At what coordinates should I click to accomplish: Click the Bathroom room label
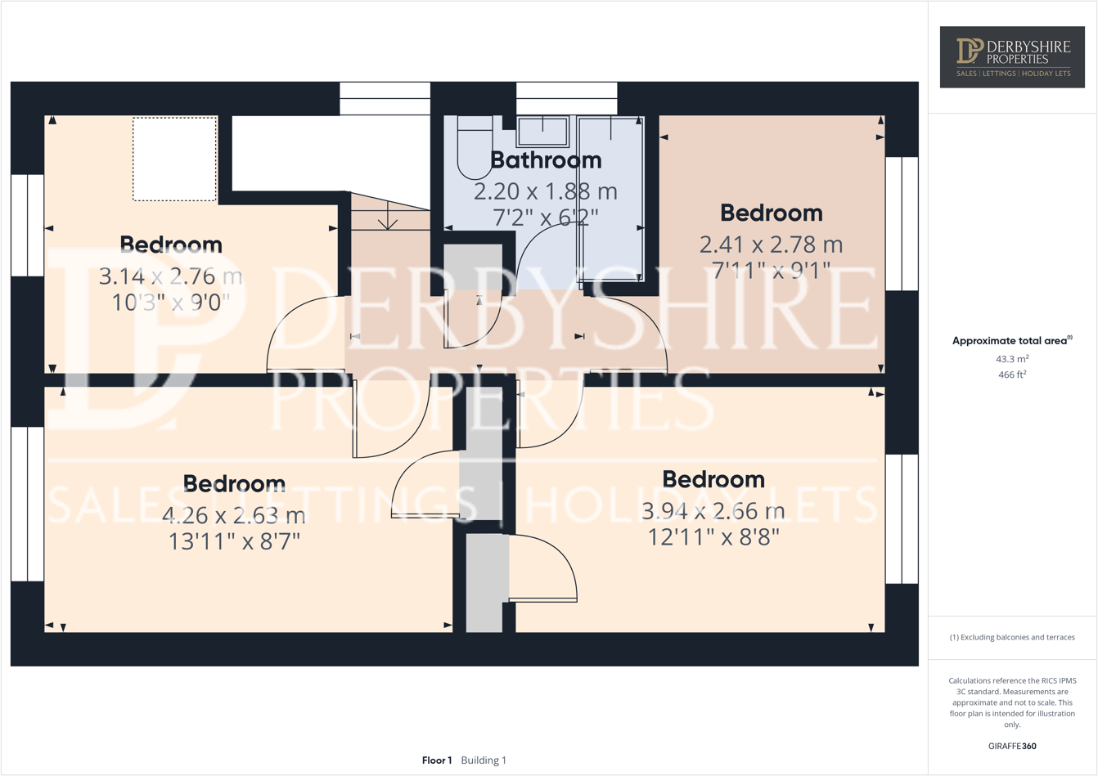(546, 160)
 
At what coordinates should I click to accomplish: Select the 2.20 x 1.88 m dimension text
(546, 191)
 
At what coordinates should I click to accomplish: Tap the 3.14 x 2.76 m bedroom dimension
(170, 276)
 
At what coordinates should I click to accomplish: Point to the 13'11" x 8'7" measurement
(234, 541)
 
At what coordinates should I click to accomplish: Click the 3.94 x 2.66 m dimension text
(713, 511)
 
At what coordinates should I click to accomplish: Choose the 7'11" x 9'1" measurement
(771, 269)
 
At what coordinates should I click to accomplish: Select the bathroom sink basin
(542, 131)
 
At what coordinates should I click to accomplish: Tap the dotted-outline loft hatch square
(175, 159)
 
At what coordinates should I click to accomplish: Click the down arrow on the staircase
(388, 220)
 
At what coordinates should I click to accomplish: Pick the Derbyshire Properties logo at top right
(1012, 57)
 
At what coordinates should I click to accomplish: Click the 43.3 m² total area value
(1012, 359)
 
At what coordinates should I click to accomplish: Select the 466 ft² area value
(1012, 375)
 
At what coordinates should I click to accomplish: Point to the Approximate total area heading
(1011, 341)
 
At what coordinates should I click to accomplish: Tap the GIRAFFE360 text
(1012, 746)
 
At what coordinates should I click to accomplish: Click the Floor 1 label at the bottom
(437, 760)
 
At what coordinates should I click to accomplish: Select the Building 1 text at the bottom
(484, 760)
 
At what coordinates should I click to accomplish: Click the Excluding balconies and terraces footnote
(1012, 637)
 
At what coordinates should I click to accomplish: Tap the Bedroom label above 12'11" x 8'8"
(713, 479)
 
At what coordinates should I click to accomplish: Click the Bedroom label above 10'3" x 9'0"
(171, 244)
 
